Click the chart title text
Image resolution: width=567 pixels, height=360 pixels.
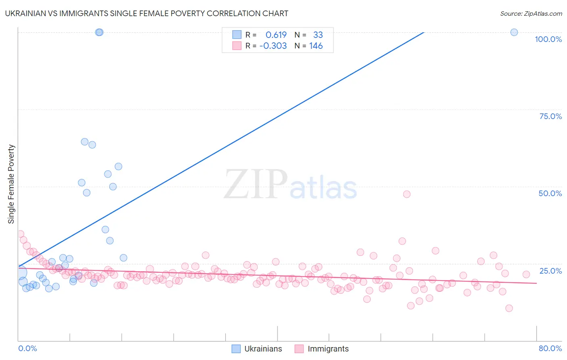pyautogui.click(x=146, y=13)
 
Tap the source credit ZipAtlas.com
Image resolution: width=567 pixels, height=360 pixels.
pyautogui.click(x=531, y=13)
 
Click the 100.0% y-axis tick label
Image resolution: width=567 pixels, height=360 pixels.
pyautogui.click(x=548, y=39)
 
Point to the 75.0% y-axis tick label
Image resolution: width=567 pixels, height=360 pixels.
pyautogui.click(x=550, y=116)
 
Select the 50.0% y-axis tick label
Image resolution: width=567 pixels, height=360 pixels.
pyautogui.click(x=550, y=193)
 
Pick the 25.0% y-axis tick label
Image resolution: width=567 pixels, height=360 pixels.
pyautogui.click(x=550, y=271)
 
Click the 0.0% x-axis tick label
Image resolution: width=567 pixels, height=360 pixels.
pyautogui.click(x=27, y=348)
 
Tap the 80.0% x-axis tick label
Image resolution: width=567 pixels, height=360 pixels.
pyautogui.click(x=550, y=348)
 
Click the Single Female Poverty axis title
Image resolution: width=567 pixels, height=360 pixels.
pyautogui.click(x=11, y=184)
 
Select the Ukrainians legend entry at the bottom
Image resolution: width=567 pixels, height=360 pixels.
pyautogui.click(x=257, y=349)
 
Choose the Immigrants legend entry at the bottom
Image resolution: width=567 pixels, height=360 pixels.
pyautogui.click(x=321, y=349)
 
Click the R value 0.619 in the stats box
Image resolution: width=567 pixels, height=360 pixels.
pyautogui.click(x=276, y=35)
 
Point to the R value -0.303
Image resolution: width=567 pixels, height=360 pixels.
pyautogui.click(x=273, y=46)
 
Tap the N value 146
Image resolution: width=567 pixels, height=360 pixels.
pyautogui.click(x=316, y=46)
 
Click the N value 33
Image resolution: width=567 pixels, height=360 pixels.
pyautogui.click(x=318, y=35)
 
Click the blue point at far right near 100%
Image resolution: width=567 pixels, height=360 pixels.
pyautogui.click(x=514, y=32)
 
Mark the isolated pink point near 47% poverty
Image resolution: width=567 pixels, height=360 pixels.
pyautogui.click(x=406, y=194)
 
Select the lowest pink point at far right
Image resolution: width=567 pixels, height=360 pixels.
pyautogui.click(x=509, y=308)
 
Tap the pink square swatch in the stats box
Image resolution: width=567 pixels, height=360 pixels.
pyautogui.click(x=237, y=46)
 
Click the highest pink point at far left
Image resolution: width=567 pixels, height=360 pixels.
pyautogui.click(x=20, y=234)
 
